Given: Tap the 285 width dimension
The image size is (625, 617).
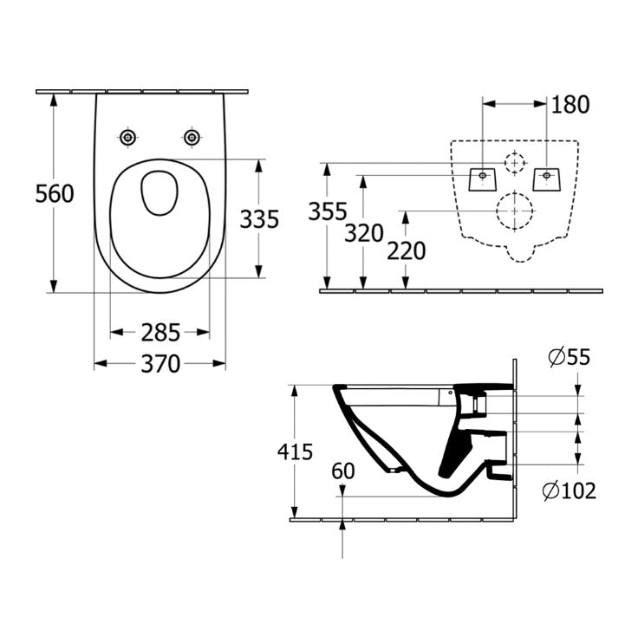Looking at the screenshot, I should [160, 332].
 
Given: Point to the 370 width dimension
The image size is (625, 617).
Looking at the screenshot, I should [160, 364].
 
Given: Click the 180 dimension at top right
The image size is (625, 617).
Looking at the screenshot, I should [570, 105].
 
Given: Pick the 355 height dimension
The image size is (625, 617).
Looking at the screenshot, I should [329, 211].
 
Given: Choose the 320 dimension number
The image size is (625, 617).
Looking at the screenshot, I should [364, 232].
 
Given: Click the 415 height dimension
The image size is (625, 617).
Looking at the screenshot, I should [295, 451].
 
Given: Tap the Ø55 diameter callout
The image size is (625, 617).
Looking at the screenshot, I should [569, 357].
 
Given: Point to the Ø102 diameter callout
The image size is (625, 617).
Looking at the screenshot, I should [569, 491].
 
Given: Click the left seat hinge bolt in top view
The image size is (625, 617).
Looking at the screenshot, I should [128, 138].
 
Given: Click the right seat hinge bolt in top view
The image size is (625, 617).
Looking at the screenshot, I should [192, 138].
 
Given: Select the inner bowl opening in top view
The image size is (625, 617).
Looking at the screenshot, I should [160, 192].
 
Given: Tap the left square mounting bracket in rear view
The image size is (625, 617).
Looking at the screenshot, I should [480, 177].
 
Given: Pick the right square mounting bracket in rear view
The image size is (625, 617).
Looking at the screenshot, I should [547, 177].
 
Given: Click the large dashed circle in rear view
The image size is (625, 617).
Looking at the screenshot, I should [514, 210].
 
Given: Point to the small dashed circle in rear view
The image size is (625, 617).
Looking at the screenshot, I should [515, 163].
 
